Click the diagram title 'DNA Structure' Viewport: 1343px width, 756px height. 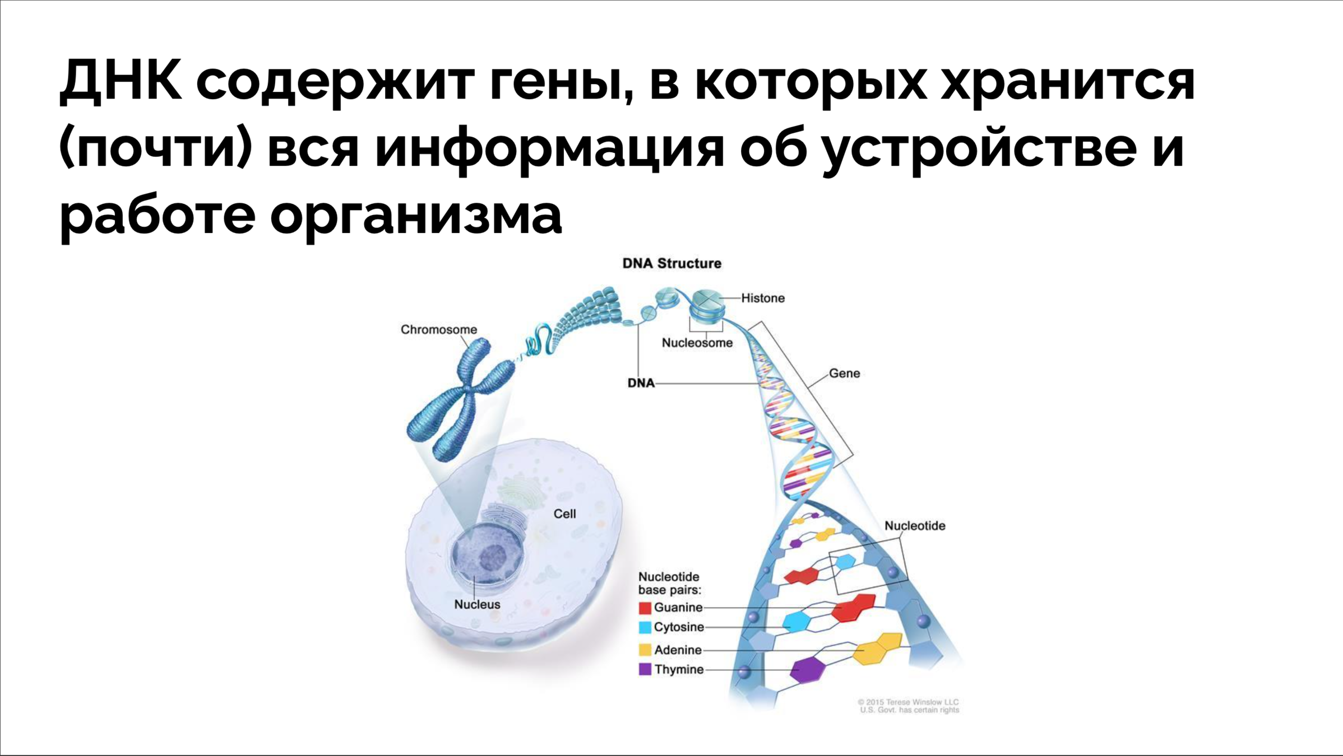click(671, 263)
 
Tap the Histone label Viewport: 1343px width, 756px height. click(762, 298)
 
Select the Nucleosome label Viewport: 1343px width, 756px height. click(697, 343)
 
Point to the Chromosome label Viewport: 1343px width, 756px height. click(438, 329)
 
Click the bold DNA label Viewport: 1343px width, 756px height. click(641, 383)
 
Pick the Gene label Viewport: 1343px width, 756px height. click(844, 373)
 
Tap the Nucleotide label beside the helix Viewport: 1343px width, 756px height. click(914, 525)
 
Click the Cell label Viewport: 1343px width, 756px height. click(564, 514)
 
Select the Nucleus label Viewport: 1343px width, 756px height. click(477, 604)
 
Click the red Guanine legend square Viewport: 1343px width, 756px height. click(645, 608)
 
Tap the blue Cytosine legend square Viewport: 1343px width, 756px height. click(645, 627)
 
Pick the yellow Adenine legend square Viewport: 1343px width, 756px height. click(645, 650)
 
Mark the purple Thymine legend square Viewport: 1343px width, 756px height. click(645, 669)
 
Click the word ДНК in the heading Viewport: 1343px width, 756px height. click(120, 81)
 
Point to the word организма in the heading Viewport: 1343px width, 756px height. click(415, 216)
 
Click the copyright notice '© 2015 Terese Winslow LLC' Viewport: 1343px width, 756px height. click(908, 702)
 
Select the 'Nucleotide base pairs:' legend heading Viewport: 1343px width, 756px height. click(669, 583)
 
